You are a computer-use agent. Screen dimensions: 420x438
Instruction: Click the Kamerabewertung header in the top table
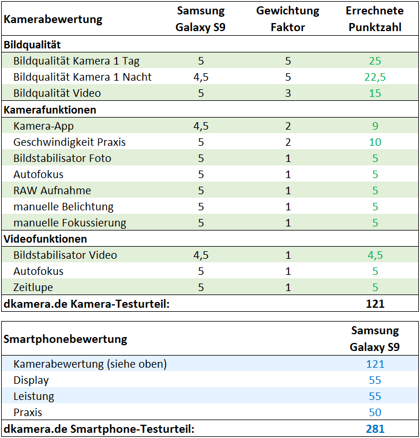53,20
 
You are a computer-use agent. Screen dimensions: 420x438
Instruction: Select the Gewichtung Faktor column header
288,18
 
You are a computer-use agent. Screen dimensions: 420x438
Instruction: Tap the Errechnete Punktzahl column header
374,18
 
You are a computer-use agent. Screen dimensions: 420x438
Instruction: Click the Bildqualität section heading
32,45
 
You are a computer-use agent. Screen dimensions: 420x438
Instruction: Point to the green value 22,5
375,77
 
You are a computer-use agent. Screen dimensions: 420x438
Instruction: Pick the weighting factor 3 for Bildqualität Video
288,93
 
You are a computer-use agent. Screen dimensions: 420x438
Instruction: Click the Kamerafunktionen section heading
50,109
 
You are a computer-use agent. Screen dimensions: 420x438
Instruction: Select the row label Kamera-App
43,126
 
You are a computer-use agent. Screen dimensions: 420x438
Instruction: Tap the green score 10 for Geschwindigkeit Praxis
375,142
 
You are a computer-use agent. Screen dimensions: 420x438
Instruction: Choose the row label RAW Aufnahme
52,191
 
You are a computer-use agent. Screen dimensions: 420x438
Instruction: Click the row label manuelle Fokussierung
70,223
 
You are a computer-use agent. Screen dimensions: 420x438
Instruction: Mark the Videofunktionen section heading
46,239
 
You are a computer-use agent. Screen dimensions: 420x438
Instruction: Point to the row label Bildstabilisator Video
65,255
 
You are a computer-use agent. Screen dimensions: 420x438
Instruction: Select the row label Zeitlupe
33,288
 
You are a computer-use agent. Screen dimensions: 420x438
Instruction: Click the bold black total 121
375,304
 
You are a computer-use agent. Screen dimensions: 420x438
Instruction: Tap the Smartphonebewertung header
65,339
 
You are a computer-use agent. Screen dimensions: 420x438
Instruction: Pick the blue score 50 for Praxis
375,412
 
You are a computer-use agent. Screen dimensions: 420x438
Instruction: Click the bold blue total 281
375,429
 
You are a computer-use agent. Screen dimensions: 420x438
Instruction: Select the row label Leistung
33,397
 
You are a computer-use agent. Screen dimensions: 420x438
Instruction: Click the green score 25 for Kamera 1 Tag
375,61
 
